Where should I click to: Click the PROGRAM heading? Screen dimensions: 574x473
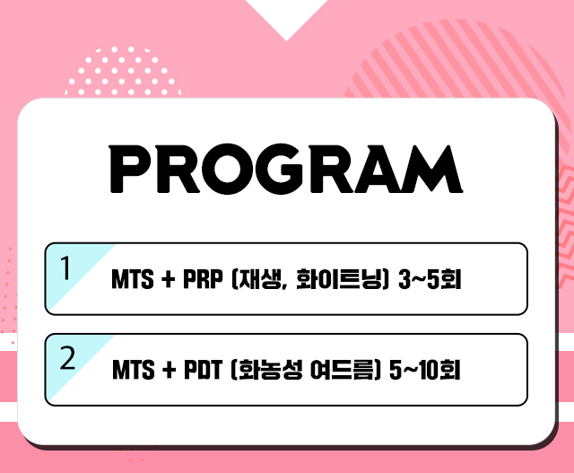coord(286,169)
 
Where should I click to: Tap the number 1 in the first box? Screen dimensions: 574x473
coord(65,267)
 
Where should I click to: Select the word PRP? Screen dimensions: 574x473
coord(203,279)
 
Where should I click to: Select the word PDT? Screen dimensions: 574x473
coord(204,369)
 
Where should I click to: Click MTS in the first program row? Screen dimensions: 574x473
coord(132,279)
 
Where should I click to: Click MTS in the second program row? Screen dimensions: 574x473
coord(134,369)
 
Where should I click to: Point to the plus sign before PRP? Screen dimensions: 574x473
coord(168,280)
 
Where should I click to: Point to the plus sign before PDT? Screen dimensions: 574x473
coord(169,370)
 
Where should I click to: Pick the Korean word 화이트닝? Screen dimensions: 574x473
coord(339,279)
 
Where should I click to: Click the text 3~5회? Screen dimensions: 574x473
coord(430,279)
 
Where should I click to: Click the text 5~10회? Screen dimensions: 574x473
coord(424,369)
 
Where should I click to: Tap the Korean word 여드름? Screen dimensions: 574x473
coord(343,369)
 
